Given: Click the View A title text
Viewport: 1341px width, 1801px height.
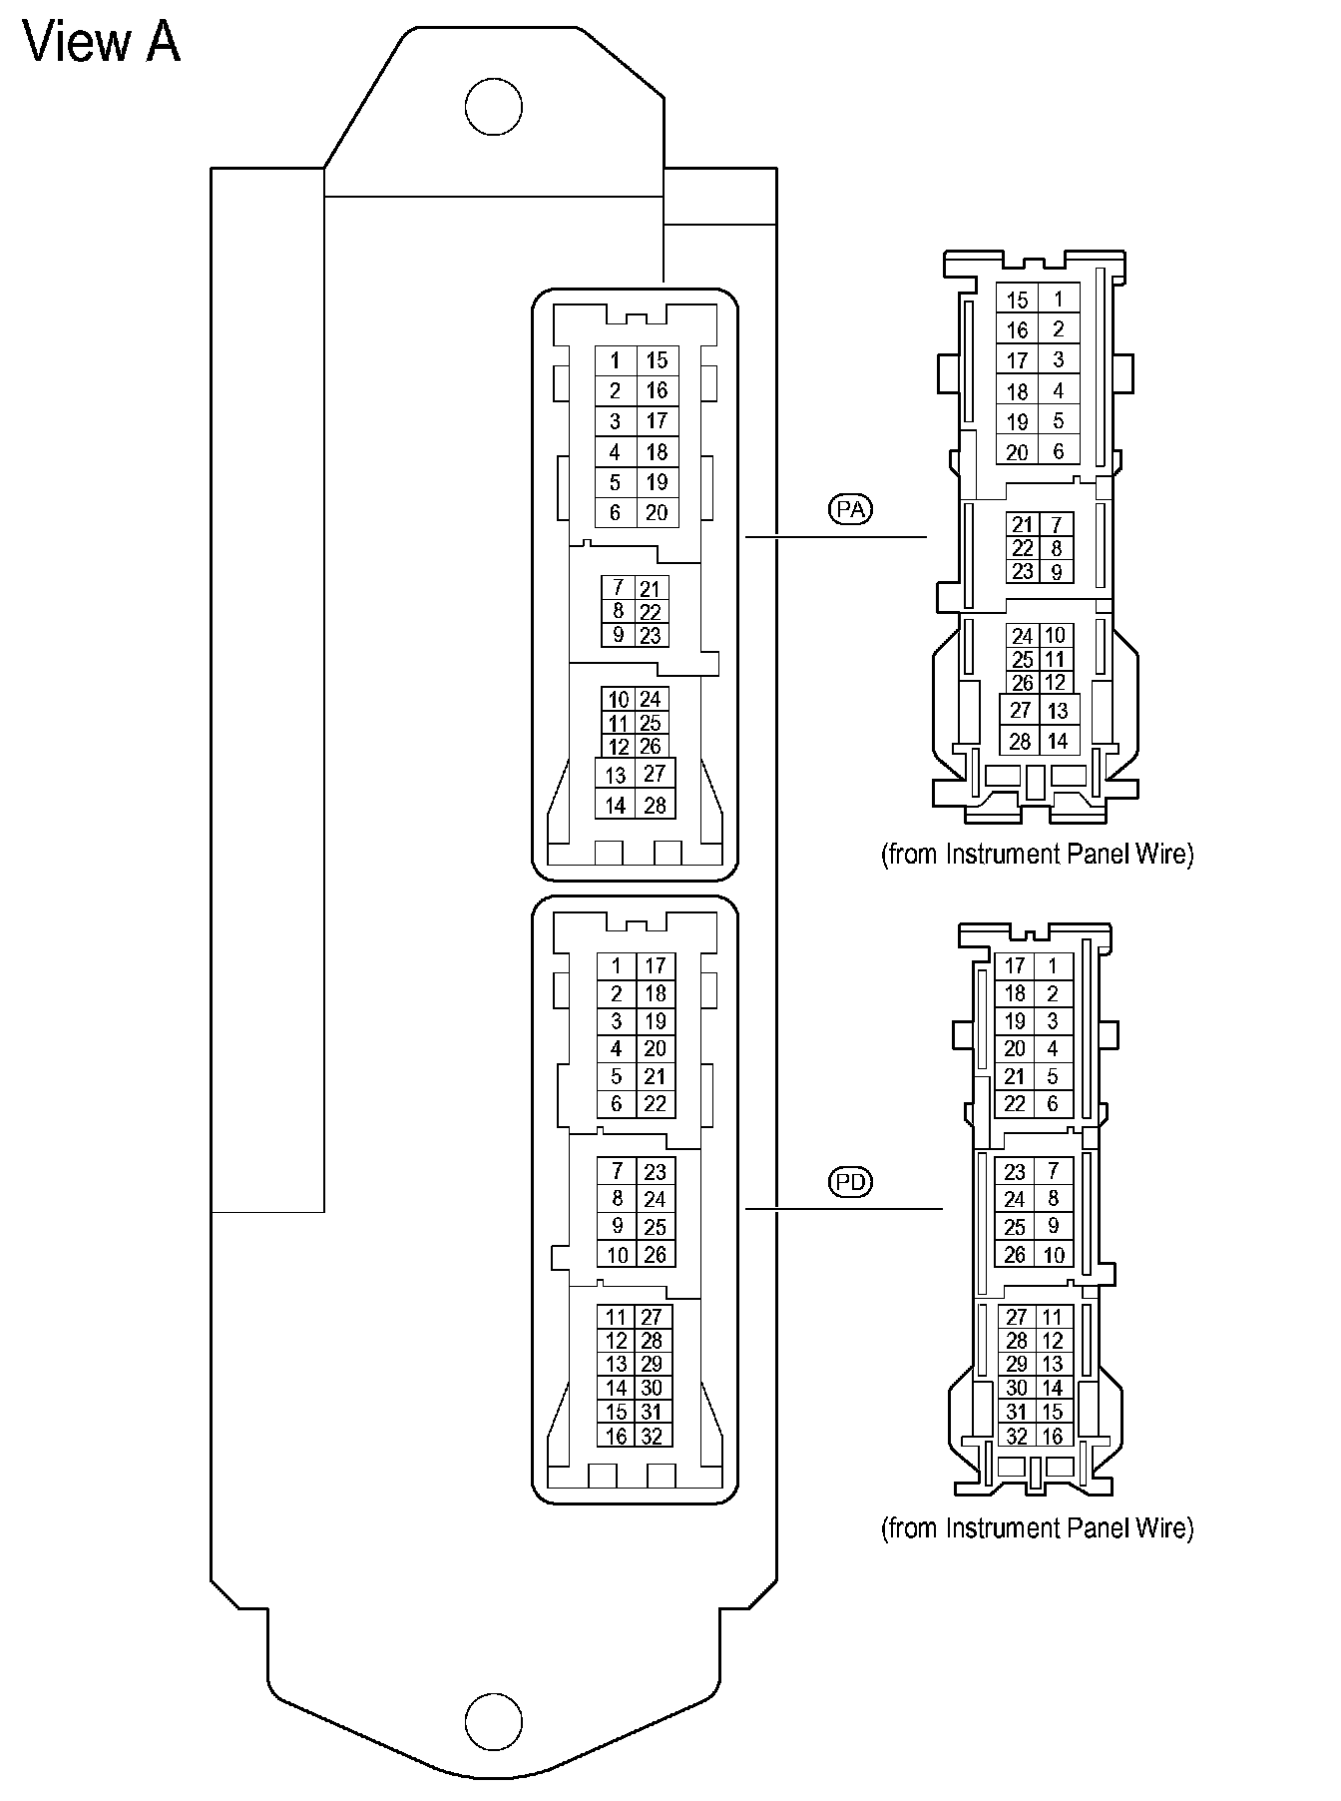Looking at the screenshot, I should pyautogui.click(x=102, y=43).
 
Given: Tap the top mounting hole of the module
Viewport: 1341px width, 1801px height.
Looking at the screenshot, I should pyautogui.click(x=494, y=107).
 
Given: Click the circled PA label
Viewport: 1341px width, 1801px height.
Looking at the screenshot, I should pyautogui.click(x=850, y=509).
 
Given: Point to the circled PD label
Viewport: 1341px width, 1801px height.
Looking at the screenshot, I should pyautogui.click(x=850, y=1182).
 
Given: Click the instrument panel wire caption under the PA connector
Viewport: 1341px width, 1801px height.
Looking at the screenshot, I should pyautogui.click(x=1037, y=855).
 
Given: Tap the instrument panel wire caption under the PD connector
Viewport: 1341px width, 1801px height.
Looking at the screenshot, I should pyautogui.click(x=1037, y=1527).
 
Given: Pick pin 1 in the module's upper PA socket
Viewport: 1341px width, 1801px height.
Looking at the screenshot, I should pyautogui.click(x=616, y=360).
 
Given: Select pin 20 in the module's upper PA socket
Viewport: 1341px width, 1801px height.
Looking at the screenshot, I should pyautogui.click(x=657, y=512).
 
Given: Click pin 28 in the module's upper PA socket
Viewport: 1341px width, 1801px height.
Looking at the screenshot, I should pyautogui.click(x=655, y=805).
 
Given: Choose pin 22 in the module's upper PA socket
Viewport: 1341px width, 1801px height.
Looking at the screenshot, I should pyautogui.click(x=650, y=612).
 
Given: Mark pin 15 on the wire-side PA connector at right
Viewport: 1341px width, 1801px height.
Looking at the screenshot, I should pyautogui.click(x=1017, y=300).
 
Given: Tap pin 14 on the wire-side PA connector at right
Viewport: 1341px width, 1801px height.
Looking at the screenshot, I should pyautogui.click(x=1058, y=741).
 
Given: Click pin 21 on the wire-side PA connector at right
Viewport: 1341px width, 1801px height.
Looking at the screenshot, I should pyautogui.click(x=1022, y=525).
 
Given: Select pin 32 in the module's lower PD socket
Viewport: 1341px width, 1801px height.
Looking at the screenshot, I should pyautogui.click(x=653, y=1437).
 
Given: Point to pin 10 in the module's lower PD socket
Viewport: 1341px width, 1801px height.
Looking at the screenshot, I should pyautogui.click(x=618, y=1255).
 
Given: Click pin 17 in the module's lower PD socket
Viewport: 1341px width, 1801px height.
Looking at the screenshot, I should pyautogui.click(x=655, y=965).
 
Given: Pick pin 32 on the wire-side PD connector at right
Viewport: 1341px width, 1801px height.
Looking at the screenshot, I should pyautogui.click(x=1017, y=1437).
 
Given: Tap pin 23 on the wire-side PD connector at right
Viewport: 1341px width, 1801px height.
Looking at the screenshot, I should pyautogui.click(x=1015, y=1171).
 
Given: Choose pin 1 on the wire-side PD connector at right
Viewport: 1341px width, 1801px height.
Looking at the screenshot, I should pyautogui.click(x=1053, y=965).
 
